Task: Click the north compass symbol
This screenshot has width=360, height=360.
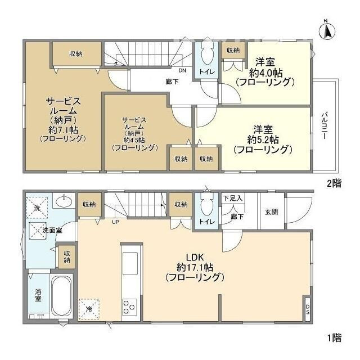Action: (x=326, y=30)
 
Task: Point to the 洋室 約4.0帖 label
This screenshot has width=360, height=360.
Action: (x=265, y=72)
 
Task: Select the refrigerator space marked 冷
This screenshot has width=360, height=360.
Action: (x=88, y=308)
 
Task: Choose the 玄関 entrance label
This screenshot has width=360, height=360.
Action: (x=271, y=211)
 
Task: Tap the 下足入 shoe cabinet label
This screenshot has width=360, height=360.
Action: (x=232, y=199)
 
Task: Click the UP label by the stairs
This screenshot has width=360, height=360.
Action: (x=115, y=222)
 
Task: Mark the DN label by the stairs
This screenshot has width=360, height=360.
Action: (x=181, y=71)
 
